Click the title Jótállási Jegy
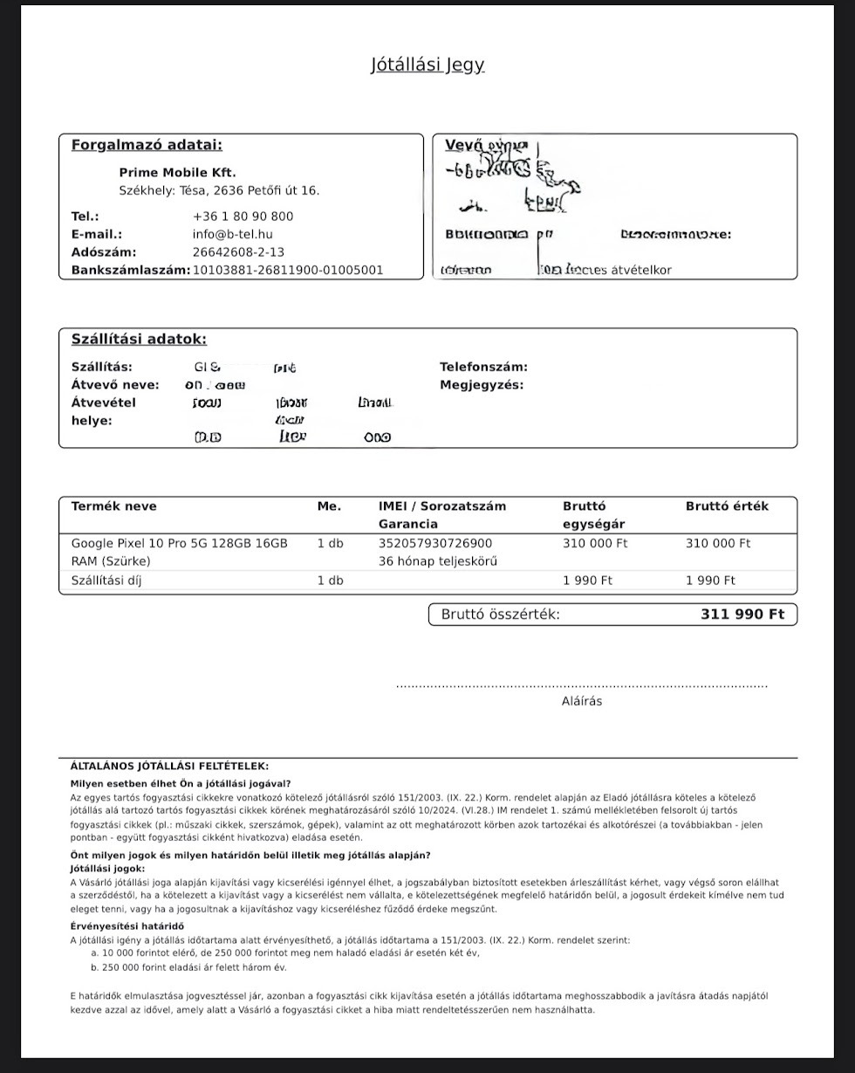coord(427,65)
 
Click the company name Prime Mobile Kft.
coord(177,173)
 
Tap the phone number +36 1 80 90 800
coord(243,217)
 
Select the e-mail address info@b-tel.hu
coord(232,234)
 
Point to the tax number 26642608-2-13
coord(238,252)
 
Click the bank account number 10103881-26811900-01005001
coord(287,271)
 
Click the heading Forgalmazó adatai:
coord(147,145)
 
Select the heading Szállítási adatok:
coord(139,340)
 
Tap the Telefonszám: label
coord(483,368)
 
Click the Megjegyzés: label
coord(482,385)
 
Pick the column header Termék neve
coord(113,506)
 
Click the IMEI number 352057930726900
coord(435,544)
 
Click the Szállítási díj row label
coord(106,581)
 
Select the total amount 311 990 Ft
coord(742,615)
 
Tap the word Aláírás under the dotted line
coord(581,701)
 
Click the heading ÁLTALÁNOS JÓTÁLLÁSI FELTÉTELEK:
coord(169,767)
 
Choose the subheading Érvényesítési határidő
coord(127,926)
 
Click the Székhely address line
coord(219,190)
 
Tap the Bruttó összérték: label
coord(500,615)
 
